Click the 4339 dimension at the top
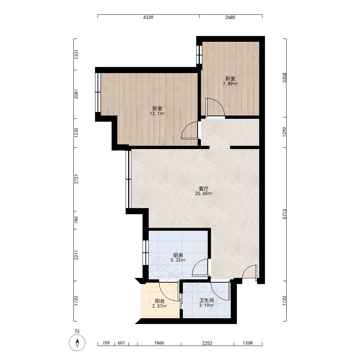(x=148, y=17)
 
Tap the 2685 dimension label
(x=230, y=17)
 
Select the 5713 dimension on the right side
(x=284, y=214)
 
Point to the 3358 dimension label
(x=284, y=78)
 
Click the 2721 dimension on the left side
(x=76, y=179)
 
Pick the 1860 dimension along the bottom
(x=159, y=343)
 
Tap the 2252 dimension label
(x=207, y=343)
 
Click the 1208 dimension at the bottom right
(x=248, y=343)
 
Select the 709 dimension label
(x=106, y=343)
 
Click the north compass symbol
(x=77, y=343)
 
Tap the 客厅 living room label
(x=204, y=189)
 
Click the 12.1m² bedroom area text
(x=157, y=114)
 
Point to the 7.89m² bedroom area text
(x=230, y=84)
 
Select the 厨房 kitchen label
(x=178, y=255)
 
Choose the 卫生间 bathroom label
(x=207, y=300)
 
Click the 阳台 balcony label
(x=159, y=301)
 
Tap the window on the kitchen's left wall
(x=145, y=252)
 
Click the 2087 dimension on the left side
(x=76, y=94)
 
